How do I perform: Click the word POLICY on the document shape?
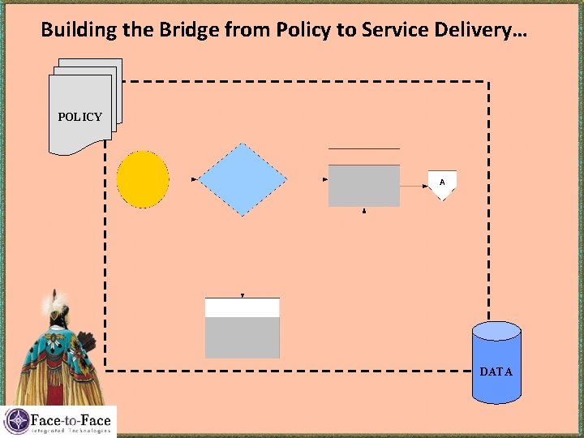(79, 117)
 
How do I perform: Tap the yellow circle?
(143, 179)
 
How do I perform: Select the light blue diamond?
(243, 179)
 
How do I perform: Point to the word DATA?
(496, 372)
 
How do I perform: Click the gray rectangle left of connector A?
(364, 186)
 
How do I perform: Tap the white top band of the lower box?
(243, 308)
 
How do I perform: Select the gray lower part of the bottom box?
(243, 337)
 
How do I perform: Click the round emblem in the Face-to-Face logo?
(16, 422)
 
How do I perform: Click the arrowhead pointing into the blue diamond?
(195, 179)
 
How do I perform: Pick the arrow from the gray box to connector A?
(414, 186)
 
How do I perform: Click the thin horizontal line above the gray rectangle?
(364, 148)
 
